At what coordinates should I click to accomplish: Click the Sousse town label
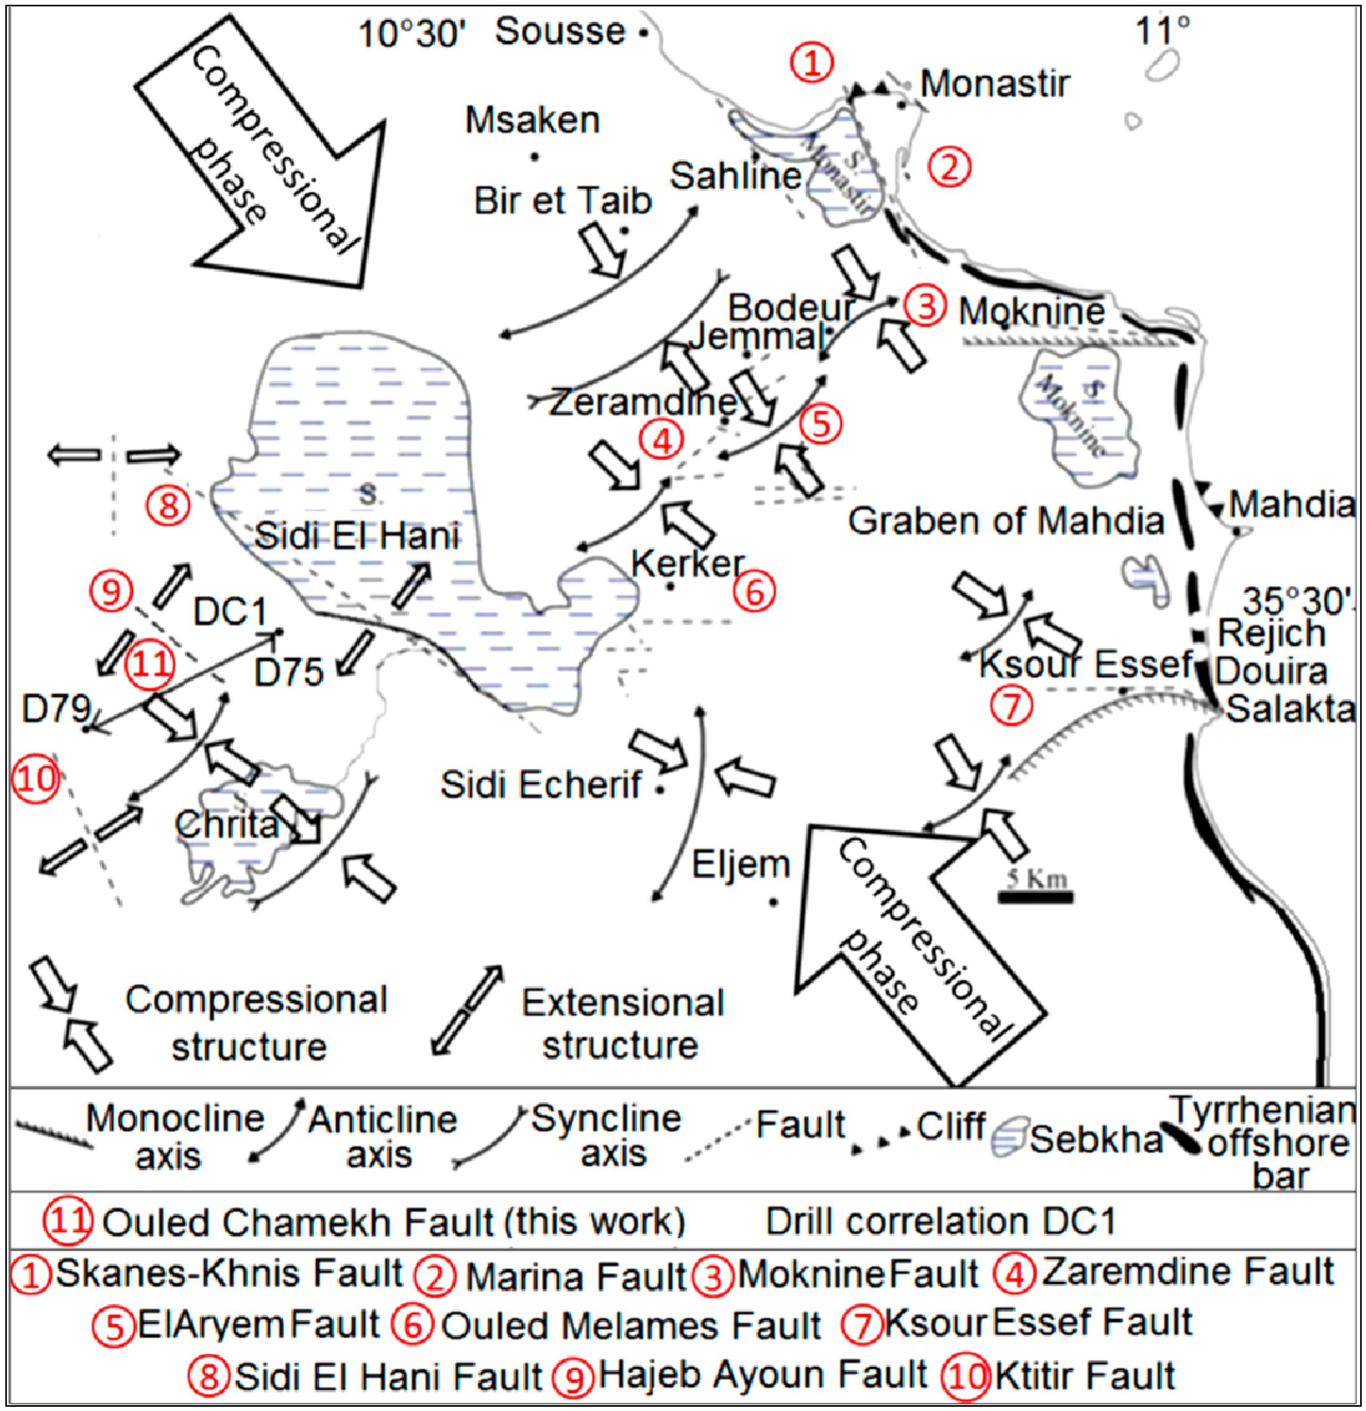(x=560, y=32)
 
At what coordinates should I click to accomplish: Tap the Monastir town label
(x=994, y=84)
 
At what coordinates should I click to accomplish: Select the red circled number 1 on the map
(x=812, y=63)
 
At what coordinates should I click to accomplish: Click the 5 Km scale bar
(x=1035, y=896)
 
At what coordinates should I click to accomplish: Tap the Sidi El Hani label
(x=357, y=536)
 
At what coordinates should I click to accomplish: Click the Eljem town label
(x=740, y=864)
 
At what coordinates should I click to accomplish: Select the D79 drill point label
(x=56, y=709)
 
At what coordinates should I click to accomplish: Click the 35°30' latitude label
(x=1297, y=601)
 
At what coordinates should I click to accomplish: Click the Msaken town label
(x=532, y=120)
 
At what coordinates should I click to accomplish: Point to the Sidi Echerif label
(x=541, y=785)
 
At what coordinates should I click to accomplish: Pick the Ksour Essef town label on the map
(x=1086, y=664)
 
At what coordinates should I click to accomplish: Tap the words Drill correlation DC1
(x=940, y=1222)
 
